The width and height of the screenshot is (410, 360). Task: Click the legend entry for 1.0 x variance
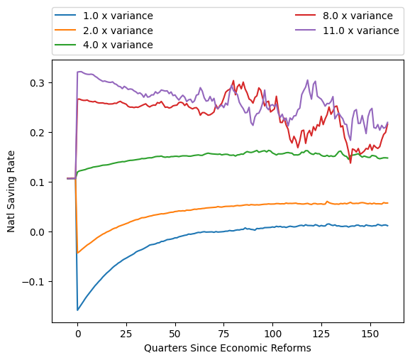[118, 16]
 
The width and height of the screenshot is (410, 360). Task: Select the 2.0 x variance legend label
[118, 31]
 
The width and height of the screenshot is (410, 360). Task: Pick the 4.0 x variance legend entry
[118, 45]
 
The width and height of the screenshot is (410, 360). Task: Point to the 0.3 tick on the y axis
[36, 83]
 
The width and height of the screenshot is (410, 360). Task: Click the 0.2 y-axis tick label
[36, 133]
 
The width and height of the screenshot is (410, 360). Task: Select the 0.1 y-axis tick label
[36, 182]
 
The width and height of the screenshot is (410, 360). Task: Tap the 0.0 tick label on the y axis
[36, 232]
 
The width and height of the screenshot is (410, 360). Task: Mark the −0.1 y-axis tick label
[33, 282]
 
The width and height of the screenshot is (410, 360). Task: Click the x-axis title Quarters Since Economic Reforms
[227, 349]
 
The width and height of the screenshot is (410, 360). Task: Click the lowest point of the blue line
[77, 310]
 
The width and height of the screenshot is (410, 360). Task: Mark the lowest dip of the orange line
[77, 253]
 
